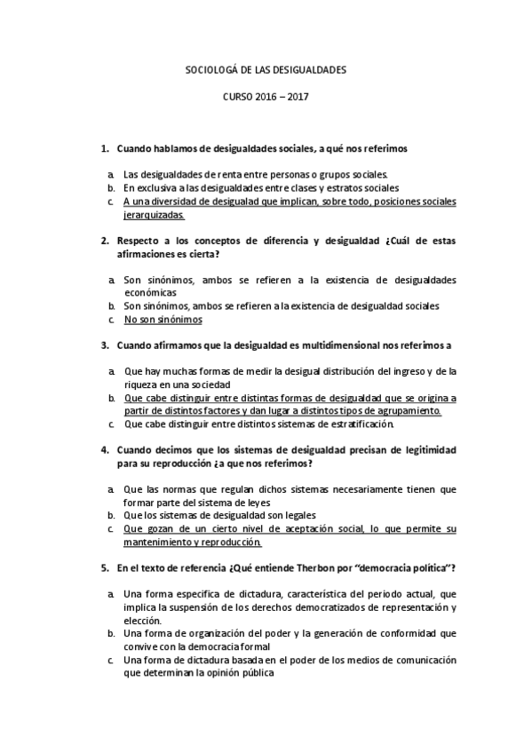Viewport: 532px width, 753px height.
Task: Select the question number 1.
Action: pyautogui.click(x=104, y=147)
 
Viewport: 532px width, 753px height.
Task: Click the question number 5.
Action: pyautogui.click(x=104, y=567)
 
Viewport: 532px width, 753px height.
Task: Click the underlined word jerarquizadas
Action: pyautogui.click(x=155, y=215)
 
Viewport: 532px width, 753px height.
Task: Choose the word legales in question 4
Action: pyautogui.click(x=298, y=515)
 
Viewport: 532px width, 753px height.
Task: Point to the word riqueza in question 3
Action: pyautogui.click(x=142, y=384)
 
